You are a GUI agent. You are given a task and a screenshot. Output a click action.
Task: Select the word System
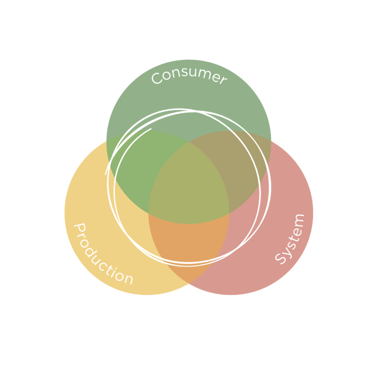[290, 239]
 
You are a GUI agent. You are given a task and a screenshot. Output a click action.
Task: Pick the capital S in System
[280, 259]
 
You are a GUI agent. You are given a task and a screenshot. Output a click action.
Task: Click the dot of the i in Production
[116, 268]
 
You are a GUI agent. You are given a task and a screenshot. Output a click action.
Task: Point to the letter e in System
[297, 232]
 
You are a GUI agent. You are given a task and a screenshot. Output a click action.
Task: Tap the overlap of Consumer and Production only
[135, 166]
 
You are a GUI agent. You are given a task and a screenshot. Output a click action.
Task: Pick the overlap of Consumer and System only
[241, 166]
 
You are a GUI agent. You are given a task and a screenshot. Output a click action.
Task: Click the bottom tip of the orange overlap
[189, 283]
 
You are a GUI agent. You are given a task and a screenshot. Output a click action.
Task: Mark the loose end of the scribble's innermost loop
[151, 129]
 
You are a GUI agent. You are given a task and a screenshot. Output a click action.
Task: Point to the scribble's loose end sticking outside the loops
[105, 174]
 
